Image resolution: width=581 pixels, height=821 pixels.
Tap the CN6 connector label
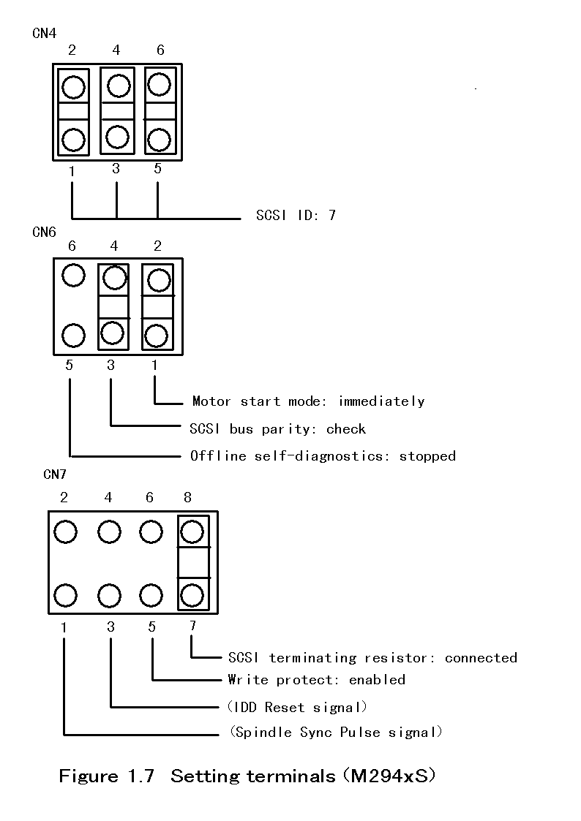pyautogui.click(x=44, y=232)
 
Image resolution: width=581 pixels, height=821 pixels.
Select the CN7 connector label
pyautogui.click(x=55, y=474)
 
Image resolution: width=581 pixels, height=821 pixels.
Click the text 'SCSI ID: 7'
pyautogui.click(x=296, y=216)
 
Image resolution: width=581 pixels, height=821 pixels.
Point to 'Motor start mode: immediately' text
pyautogui.click(x=308, y=401)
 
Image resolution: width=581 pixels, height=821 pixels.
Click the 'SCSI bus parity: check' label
pyautogui.click(x=277, y=428)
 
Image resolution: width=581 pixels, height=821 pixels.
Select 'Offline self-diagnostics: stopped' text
pyautogui.click(x=323, y=456)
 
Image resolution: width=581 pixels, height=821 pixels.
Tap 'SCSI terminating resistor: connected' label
pyautogui.click(x=372, y=658)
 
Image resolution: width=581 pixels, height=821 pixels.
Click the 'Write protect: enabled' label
pyautogui.click(x=316, y=680)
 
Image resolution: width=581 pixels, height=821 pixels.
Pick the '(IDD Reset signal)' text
pyautogui.click(x=297, y=707)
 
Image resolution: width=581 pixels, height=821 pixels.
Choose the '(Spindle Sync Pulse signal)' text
pyautogui.click(x=336, y=733)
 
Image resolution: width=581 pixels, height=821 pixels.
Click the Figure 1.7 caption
pyautogui.click(x=247, y=776)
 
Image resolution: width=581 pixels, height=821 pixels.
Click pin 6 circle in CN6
pyautogui.click(x=72, y=276)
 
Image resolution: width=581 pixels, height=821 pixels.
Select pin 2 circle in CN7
pyautogui.click(x=65, y=531)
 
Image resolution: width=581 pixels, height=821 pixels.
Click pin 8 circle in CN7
pyautogui.click(x=192, y=531)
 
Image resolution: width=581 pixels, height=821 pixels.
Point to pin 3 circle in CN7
pyautogui.click(x=110, y=595)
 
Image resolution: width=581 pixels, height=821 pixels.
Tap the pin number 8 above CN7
pyautogui.click(x=188, y=498)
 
